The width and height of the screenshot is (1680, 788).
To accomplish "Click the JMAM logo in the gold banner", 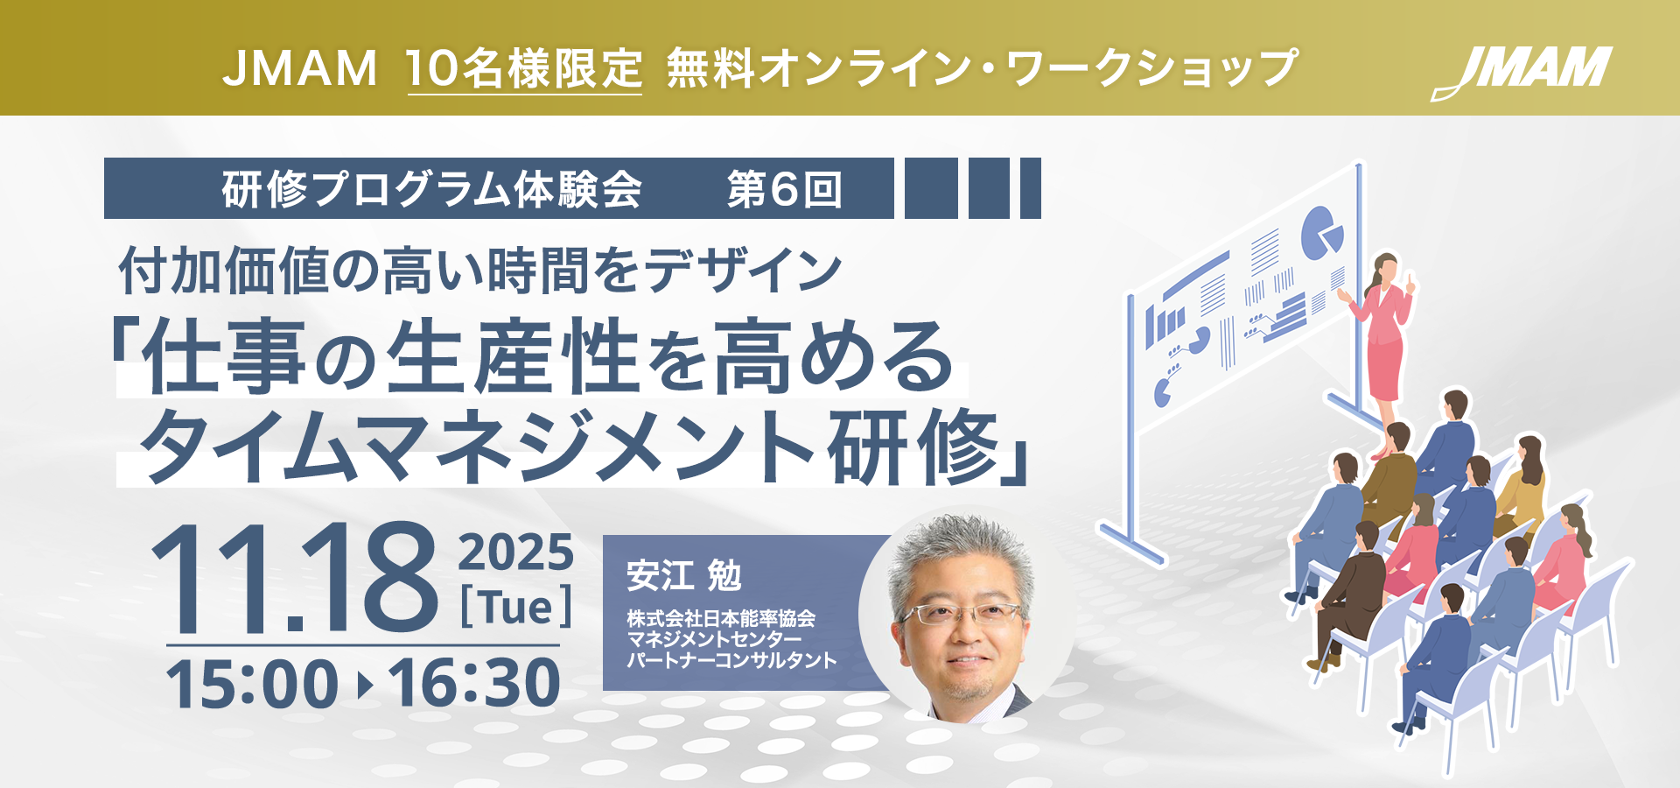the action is point(1522,72).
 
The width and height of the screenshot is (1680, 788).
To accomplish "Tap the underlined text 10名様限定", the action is point(524,68).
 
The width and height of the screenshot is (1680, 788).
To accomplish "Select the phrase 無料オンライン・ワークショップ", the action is point(982,68).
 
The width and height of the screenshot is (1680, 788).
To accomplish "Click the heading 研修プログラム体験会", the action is point(431,189).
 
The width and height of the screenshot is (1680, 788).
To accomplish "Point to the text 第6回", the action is point(785,189).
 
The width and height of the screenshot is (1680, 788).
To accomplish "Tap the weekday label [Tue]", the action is point(516,606).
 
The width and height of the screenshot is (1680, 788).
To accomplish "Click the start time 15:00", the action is point(252,684).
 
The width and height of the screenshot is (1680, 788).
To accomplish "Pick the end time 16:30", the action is point(474,684).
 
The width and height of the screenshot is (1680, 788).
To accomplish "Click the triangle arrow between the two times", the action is point(365,685).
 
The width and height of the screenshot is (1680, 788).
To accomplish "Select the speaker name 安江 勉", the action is point(683,575).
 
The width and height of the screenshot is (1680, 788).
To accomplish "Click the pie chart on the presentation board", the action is point(1320,233).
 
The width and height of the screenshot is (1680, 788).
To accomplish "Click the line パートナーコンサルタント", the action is point(731,661).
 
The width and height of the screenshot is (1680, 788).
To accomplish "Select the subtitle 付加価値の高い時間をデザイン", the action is point(480,270).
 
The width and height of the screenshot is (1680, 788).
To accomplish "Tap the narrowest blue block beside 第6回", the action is point(1031,188).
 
